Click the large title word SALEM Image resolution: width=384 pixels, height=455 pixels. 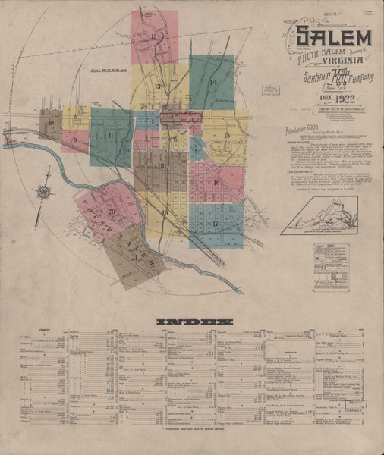pos(333,36)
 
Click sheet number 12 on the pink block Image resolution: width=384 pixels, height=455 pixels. pos(154,36)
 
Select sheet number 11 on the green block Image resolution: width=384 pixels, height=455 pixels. pos(111,136)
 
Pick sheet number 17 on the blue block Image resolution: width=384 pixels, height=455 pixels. pos(216,224)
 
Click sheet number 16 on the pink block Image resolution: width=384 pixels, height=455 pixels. pos(216,183)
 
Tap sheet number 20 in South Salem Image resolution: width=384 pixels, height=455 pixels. pos(112,212)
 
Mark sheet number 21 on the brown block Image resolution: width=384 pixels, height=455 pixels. pos(135,258)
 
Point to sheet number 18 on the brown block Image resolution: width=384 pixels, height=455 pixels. pos(160,166)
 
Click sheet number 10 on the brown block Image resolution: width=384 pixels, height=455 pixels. pos(51,122)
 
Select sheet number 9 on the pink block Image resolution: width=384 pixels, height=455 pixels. pos(74,140)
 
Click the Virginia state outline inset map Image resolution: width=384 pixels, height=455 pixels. pos(319,215)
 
